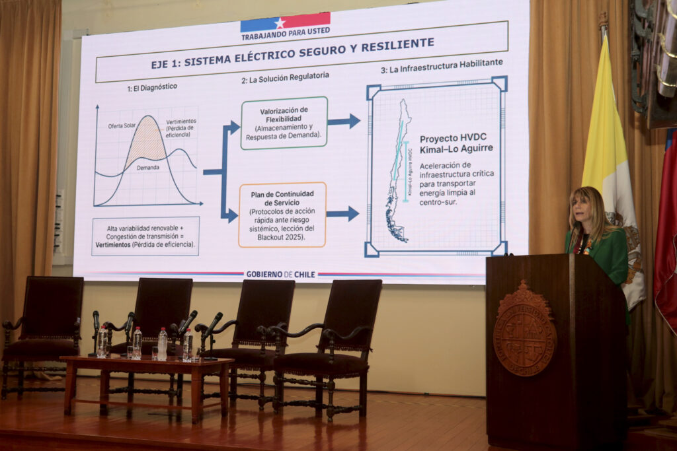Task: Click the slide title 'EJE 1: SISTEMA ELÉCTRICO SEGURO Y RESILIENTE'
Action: click(292, 53)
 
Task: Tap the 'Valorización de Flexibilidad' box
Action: click(284, 123)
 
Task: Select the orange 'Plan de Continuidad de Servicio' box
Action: click(282, 215)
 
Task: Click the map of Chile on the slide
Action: click(398, 170)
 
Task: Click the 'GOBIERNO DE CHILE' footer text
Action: click(280, 274)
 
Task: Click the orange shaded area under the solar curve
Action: click(146, 142)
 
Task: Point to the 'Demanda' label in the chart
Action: click(147, 168)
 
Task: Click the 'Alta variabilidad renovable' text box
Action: click(145, 236)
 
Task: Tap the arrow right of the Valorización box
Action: click(344, 121)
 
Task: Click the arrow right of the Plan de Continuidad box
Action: click(342, 213)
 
